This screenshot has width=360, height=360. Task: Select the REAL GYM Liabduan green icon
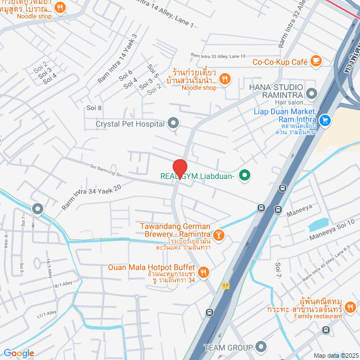point(245,175)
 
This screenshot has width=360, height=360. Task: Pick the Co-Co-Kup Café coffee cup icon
point(316,60)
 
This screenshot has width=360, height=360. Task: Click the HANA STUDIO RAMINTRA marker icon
point(311,92)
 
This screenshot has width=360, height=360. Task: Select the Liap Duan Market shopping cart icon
point(325,120)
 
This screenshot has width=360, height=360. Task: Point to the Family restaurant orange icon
point(350,307)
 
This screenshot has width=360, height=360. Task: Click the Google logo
point(19,353)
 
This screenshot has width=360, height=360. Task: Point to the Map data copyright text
point(336,355)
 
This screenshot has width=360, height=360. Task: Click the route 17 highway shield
point(226,285)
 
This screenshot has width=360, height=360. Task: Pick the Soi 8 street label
point(94,107)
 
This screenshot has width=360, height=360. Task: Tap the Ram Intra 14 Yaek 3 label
point(117,59)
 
